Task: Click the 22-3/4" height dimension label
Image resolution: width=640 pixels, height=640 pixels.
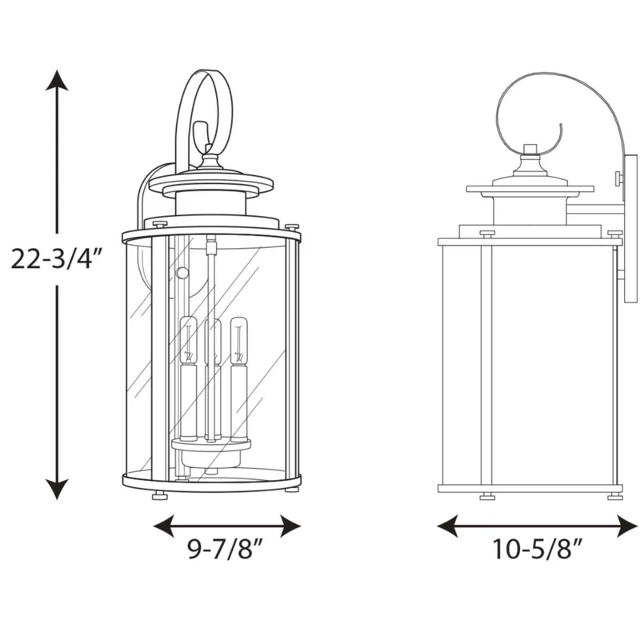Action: point(56,259)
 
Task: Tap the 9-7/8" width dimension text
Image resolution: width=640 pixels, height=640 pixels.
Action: point(226,549)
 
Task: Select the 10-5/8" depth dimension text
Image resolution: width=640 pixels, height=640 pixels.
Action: point(537,549)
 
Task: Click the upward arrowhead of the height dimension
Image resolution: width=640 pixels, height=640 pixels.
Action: point(56,81)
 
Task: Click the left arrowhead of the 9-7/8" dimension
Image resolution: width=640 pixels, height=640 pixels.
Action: point(163,526)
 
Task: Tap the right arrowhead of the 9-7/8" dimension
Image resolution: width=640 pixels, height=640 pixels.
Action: point(290,526)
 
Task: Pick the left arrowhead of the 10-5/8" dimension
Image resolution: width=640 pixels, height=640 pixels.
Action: point(447,526)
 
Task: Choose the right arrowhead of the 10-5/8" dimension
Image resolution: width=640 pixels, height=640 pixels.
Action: point(628,526)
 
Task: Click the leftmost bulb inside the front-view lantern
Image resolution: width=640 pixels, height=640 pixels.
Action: point(189,341)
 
